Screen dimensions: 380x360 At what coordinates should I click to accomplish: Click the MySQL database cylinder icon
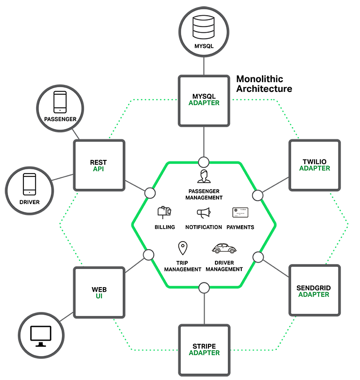tap(203, 27)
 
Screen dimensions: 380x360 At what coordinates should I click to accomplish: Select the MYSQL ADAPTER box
tap(203, 100)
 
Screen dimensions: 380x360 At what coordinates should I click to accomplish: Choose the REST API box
tap(99, 165)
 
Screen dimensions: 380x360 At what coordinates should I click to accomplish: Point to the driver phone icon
tap(30, 184)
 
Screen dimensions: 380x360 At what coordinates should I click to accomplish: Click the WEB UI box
tap(99, 292)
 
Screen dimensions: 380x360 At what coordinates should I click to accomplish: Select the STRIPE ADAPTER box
tap(204, 350)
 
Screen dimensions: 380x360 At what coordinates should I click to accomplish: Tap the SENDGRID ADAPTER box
tap(314, 290)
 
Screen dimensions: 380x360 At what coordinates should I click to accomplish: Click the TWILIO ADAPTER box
tap(314, 165)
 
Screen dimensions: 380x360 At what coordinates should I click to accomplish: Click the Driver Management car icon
tap(224, 248)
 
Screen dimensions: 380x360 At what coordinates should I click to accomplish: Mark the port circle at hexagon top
tap(204, 162)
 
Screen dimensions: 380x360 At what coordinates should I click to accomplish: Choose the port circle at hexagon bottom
tap(204, 288)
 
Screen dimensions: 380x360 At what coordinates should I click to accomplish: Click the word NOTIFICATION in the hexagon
tap(203, 227)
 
